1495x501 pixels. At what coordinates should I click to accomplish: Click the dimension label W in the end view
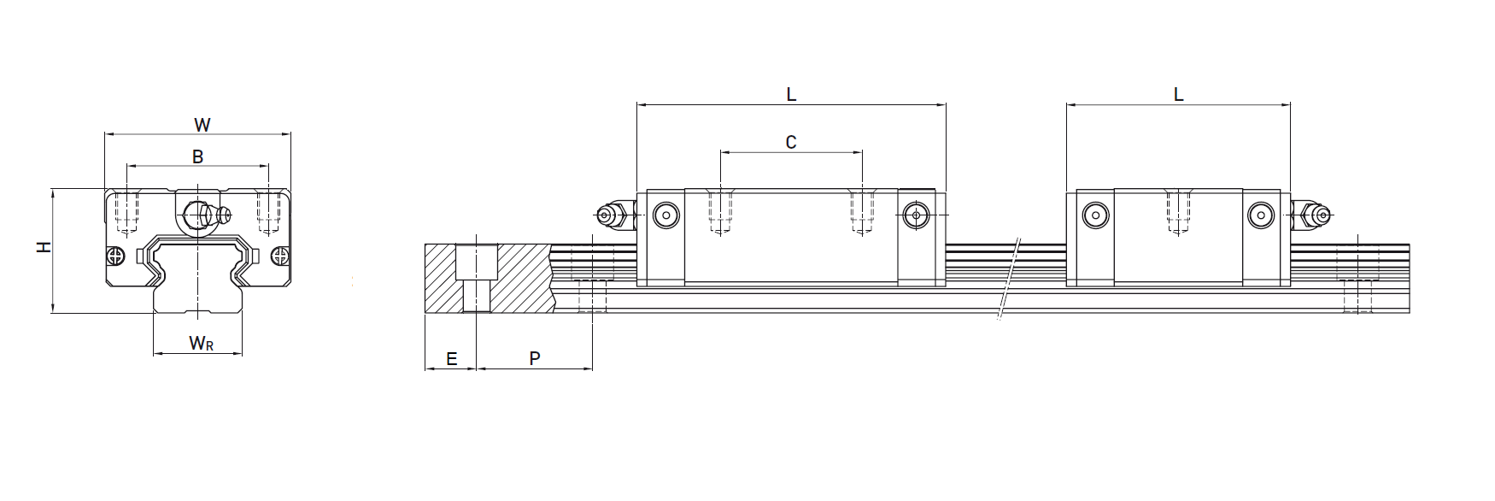pos(202,125)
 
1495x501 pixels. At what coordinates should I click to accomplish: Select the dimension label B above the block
pos(197,156)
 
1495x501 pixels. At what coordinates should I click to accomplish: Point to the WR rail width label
pos(201,344)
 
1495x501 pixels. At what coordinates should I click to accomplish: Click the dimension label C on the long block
pos(791,142)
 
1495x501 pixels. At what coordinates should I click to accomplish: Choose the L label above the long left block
pos(791,95)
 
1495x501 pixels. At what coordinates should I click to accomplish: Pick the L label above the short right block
pos(1178,95)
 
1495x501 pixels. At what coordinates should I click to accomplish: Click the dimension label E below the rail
pos(451,359)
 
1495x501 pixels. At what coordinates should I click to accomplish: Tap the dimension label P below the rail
pos(535,359)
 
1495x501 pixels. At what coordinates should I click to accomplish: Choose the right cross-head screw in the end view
pos(278,256)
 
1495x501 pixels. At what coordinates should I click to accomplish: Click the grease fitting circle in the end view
pos(199,213)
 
